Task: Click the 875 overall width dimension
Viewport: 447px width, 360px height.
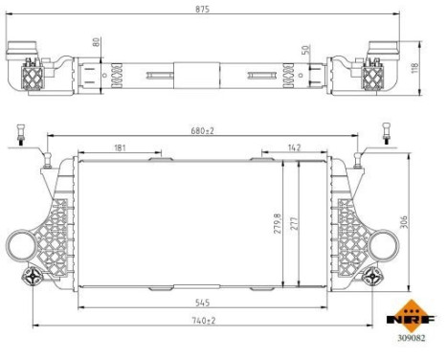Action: coord(203,8)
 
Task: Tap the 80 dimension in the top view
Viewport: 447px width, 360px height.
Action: coord(96,42)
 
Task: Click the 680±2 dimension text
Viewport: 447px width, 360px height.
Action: coord(203,129)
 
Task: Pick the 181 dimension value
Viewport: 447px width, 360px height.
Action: coord(119,147)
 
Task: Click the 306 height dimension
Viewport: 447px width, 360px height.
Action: coord(406,222)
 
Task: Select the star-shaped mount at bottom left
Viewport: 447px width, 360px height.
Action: coord(34,278)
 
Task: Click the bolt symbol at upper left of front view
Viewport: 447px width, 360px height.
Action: coord(19,135)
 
